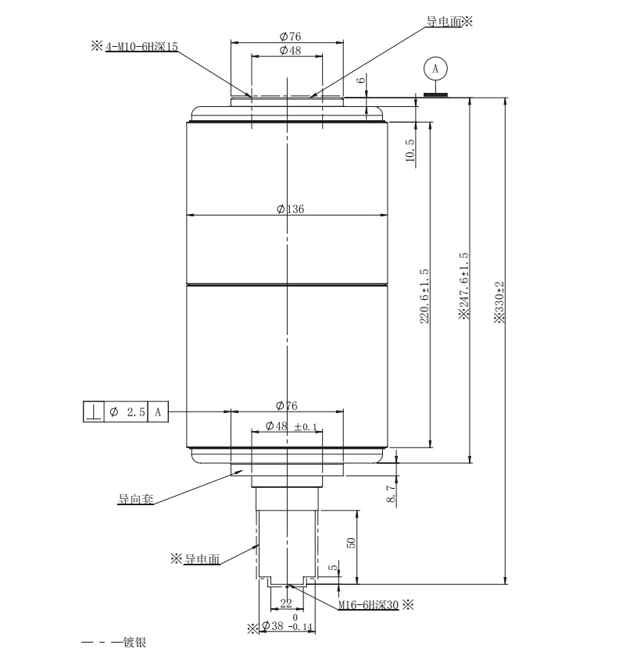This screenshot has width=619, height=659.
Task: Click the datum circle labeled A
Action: [x=435, y=69]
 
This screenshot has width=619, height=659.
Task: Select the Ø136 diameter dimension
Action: [x=290, y=208]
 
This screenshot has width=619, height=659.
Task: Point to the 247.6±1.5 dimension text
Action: [x=463, y=285]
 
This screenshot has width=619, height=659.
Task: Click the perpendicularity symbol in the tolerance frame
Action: [x=93, y=411]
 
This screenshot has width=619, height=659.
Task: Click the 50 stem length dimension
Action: [x=352, y=542]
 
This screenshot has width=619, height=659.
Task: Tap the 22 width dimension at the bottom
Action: [x=285, y=603]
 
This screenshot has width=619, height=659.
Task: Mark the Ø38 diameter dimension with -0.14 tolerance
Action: [x=286, y=625]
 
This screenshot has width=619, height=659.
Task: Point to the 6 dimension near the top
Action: [x=360, y=80]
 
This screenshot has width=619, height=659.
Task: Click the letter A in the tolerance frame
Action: [x=157, y=411]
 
